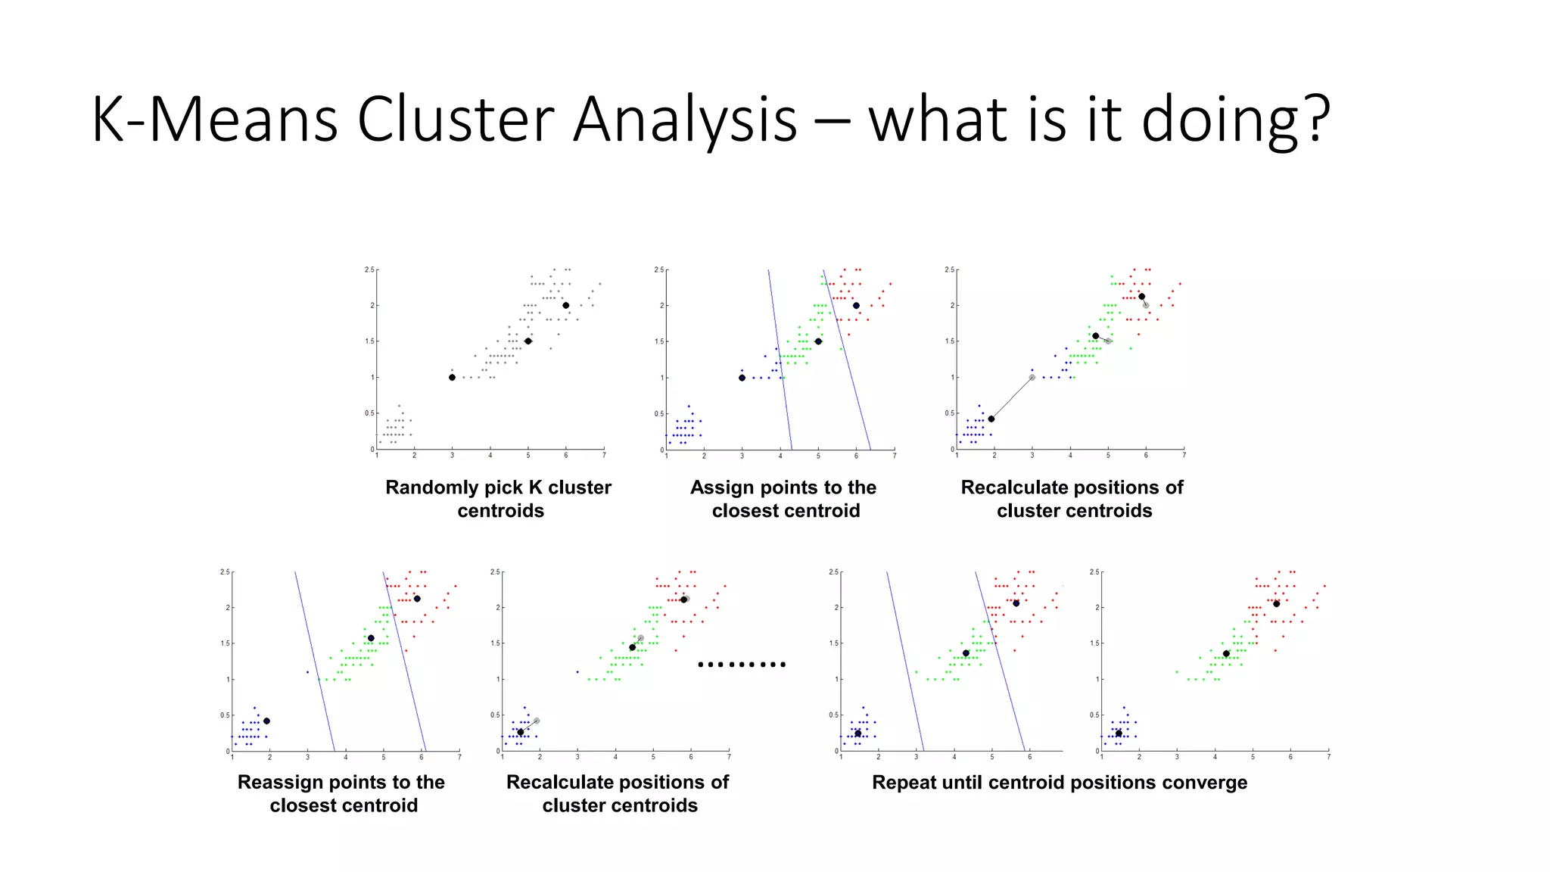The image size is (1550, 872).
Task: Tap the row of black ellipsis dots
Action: (x=742, y=665)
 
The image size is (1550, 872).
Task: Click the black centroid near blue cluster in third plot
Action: (x=991, y=419)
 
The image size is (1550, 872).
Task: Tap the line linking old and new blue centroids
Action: (x=1012, y=397)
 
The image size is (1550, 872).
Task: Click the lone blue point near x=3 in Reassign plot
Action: (x=307, y=671)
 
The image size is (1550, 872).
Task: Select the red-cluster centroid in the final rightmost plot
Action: (x=1276, y=603)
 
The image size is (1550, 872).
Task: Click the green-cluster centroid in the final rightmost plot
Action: (x=1226, y=653)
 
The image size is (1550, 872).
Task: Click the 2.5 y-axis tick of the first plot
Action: (x=369, y=269)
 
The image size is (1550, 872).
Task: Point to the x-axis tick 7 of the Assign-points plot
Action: (x=894, y=456)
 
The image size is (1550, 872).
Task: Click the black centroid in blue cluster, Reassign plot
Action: (x=266, y=721)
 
